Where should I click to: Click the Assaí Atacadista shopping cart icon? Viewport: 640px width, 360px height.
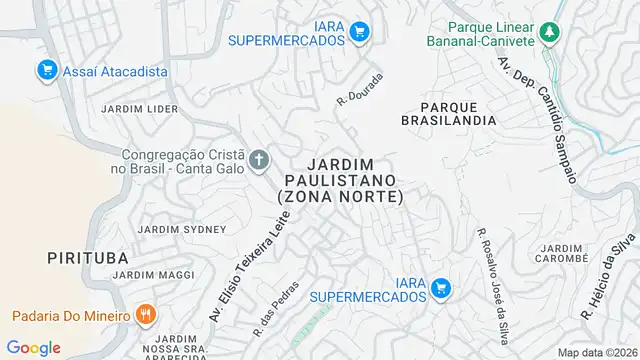(x=45, y=70)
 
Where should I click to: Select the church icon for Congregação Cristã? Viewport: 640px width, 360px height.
(x=259, y=160)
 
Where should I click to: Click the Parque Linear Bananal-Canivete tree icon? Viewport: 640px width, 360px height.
(x=548, y=34)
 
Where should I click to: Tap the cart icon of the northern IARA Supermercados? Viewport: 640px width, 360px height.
(x=360, y=33)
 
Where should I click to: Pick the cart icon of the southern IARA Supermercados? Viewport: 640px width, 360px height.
(x=440, y=290)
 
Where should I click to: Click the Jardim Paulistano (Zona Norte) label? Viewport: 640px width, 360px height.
(x=340, y=180)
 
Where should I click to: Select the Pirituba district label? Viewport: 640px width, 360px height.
(x=87, y=258)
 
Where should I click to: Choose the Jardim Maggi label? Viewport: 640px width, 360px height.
(x=161, y=274)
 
